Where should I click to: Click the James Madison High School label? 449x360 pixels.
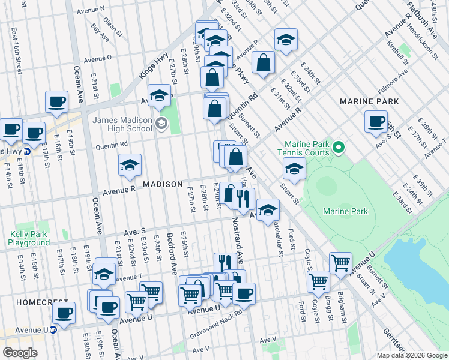pos(122,124)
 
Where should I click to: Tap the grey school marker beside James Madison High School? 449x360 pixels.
pos(160,124)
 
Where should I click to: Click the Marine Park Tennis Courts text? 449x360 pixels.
pos(307,148)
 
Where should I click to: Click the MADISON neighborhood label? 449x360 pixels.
pos(162,184)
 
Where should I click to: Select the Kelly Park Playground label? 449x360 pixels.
pos(29,238)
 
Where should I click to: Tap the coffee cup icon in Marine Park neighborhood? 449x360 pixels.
pos(376,121)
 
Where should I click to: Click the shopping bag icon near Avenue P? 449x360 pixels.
pos(263,62)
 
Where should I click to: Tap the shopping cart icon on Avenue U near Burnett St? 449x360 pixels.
pos(340,262)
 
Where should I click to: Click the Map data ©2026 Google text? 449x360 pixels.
pos(412,355)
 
